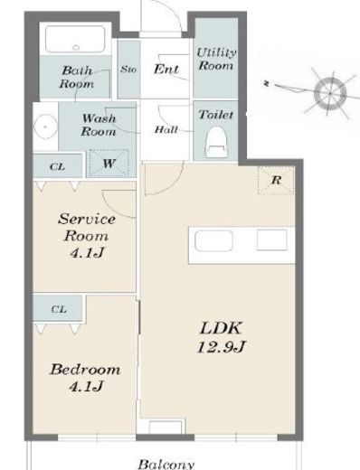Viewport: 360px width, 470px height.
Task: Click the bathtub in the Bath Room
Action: [75, 40]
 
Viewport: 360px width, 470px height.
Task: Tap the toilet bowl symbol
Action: [216, 142]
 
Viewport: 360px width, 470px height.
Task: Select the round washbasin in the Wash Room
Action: [45, 127]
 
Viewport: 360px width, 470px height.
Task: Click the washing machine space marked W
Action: [109, 164]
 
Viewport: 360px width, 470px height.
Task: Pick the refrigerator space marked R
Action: [276, 180]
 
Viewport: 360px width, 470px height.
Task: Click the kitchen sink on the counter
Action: [213, 241]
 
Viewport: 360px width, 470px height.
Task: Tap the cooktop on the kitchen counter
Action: [272, 240]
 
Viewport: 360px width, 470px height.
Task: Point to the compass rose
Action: [330, 93]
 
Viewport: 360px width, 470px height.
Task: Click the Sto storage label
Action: [128, 70]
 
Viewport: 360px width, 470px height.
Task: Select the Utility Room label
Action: [216, 59]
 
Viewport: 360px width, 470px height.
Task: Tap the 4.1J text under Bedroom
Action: [87, 386]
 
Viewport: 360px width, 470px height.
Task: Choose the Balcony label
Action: [166, 464]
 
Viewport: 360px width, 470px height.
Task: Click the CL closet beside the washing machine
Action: [58, 166]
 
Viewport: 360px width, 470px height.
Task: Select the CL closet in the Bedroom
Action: [58, 308]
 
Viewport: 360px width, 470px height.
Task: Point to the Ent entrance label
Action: [166, 69]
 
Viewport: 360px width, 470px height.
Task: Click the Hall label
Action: [166, 130]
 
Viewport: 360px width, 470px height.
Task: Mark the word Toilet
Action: [216, 115]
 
